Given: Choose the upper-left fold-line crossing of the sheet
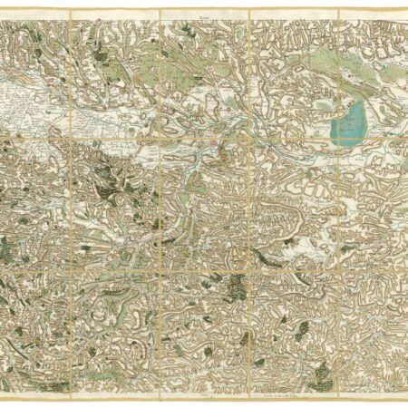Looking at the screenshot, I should point(71,137).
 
